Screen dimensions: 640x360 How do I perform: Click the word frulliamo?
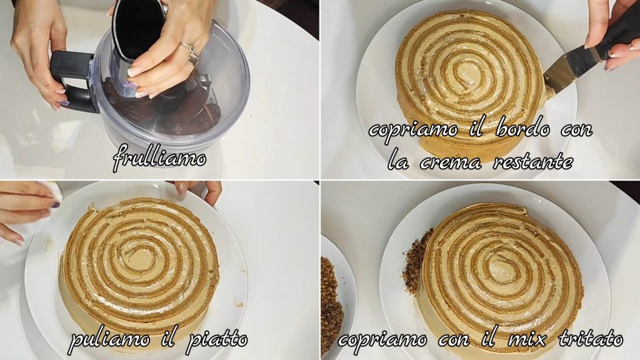click(x=159, y=157)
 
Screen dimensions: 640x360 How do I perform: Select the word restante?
click(x=532, y=162)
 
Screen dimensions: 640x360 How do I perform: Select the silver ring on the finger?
click(x=191, y=54)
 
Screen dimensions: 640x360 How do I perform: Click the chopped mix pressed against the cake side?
click(x=416, y=261)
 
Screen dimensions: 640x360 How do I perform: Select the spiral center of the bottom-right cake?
click(x=500, y=267)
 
